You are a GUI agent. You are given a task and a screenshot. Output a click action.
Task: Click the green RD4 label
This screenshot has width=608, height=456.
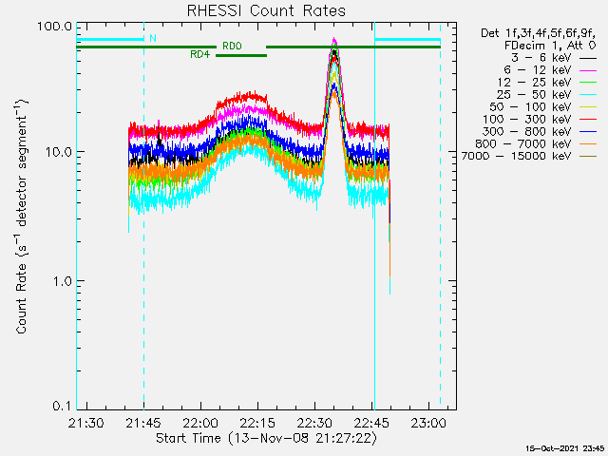click(199, 55)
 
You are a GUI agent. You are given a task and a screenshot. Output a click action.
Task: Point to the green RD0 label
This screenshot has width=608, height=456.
click(232, 46)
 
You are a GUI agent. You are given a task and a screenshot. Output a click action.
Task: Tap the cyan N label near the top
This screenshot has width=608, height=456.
click(152, 39)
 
